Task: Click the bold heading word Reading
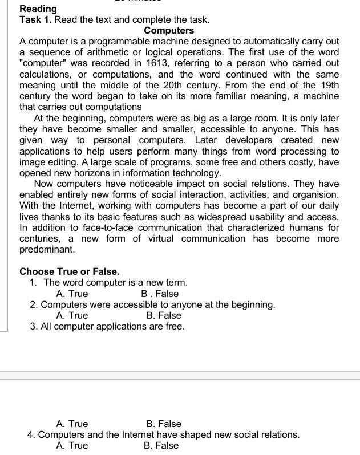[x=38, y=9]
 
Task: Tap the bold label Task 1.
[x=35, y=19]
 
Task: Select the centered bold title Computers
[x=169, y=30]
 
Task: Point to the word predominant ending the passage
[x=47, y=249]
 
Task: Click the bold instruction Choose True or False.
[x=70, y=271]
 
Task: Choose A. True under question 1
[x=72, y=294]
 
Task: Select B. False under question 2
[x=163, y=315]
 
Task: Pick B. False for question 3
[x=163, y=424]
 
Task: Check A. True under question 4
[x=72, y=445]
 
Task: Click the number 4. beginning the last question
[x=31, y=434]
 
